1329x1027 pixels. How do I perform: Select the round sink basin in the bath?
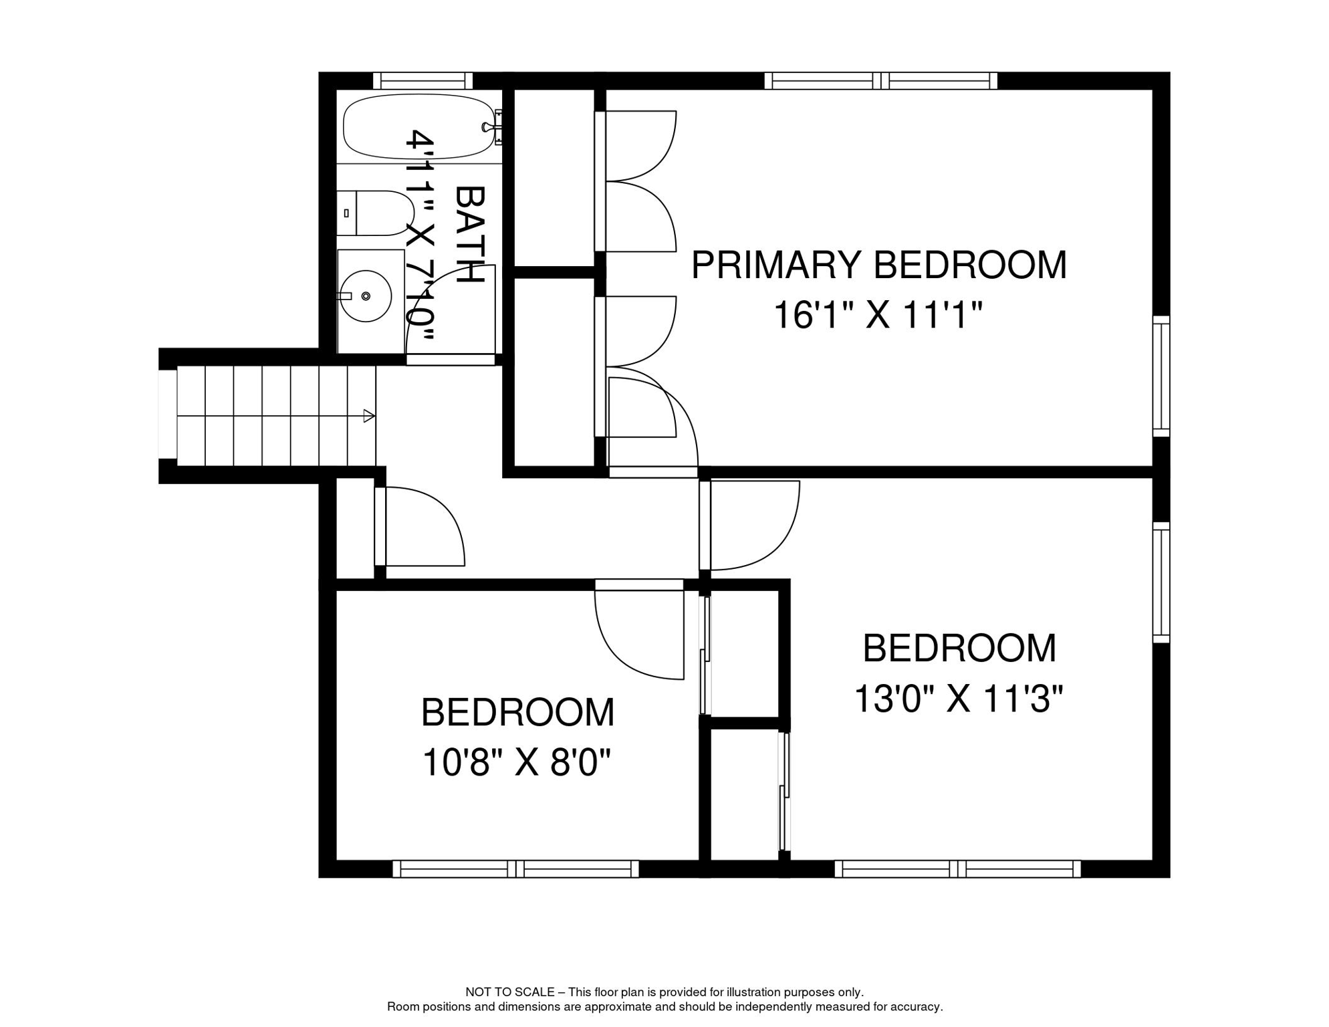coord(366,296)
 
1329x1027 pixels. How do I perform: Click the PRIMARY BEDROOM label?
coord(878,265)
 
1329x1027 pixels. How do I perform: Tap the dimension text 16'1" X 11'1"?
coord(878,315)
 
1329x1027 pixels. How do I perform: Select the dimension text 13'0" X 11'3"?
coord(958,699)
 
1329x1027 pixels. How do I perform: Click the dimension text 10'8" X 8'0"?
coord(517,762)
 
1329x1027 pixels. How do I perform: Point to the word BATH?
coord(469,234)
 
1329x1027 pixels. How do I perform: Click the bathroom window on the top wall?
coord(422,81)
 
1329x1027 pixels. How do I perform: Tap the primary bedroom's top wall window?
coord(880,81)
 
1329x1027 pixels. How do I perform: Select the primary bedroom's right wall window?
coord(1161,376)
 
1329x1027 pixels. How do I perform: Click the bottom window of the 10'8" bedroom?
coord(515,869)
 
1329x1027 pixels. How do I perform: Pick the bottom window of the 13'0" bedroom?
coord(957,869)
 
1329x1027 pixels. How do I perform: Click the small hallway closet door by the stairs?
coord(421,527)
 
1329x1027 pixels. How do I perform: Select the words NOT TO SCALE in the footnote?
coord(510,992)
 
